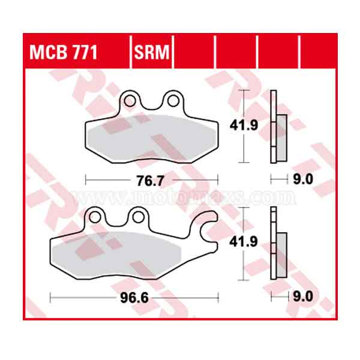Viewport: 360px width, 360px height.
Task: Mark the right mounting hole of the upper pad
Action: coord(173,100)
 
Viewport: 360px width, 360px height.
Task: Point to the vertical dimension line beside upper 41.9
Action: coord(243,126)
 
